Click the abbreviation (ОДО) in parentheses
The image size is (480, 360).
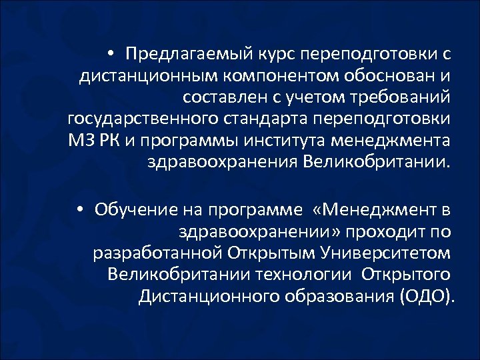click(x=427, y=297)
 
